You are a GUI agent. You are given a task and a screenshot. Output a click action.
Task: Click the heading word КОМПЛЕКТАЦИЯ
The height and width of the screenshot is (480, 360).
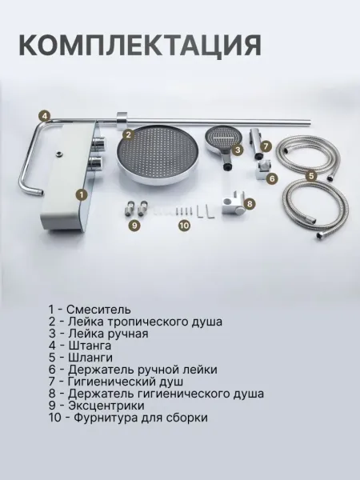pyautogui.click(x=140, y=46)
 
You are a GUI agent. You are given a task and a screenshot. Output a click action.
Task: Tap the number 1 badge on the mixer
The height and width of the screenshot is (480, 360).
pyautogui.click(x=82, y=194)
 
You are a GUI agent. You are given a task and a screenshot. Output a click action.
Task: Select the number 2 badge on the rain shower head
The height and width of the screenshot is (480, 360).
pyautogui.click(x=129, y=135)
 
